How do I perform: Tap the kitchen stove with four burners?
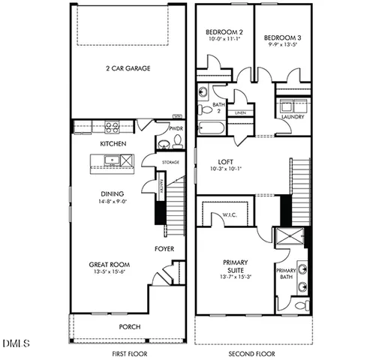tap(113, 127)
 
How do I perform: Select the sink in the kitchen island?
tap(110, 160)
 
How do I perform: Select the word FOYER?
tap(165, 248)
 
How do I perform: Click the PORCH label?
tap(129, 327)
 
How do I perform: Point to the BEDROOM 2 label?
tap(224, 32)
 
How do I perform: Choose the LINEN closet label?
tap(240, 113)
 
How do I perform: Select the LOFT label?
tap(226, 160)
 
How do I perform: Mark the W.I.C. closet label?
tap(229, 215)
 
